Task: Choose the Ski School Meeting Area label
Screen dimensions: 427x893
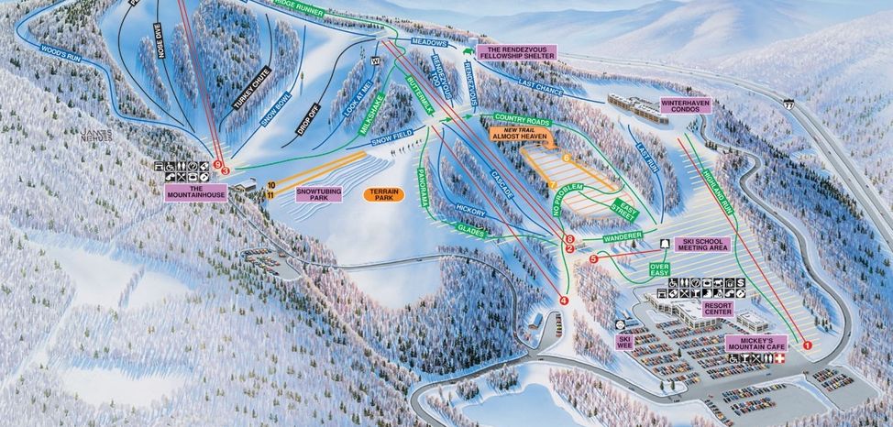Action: pos(702,245)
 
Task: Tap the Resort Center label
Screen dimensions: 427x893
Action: pos(717,309)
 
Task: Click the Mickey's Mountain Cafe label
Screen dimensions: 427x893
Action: pos(756,344)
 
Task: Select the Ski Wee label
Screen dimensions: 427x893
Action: pos(624,342)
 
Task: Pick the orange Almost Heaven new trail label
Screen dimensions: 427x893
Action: pos(519,134)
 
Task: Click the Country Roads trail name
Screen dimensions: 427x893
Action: pos(520,118)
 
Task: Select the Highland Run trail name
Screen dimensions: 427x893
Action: pos(718,192)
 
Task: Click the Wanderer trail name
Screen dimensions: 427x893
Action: pos(623,238)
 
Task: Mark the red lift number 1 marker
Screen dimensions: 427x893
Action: pos(808,345)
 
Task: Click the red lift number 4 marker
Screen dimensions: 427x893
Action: pos(564,300)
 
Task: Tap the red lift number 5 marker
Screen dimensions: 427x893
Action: pos(593,259)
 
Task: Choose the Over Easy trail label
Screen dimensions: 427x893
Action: pos(659,269)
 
